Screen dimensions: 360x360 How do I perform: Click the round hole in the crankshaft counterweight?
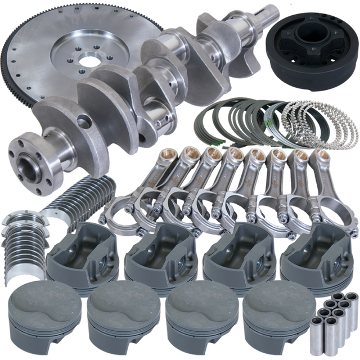pos(83,120)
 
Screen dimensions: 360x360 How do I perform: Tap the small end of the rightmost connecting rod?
pos(321,155)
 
